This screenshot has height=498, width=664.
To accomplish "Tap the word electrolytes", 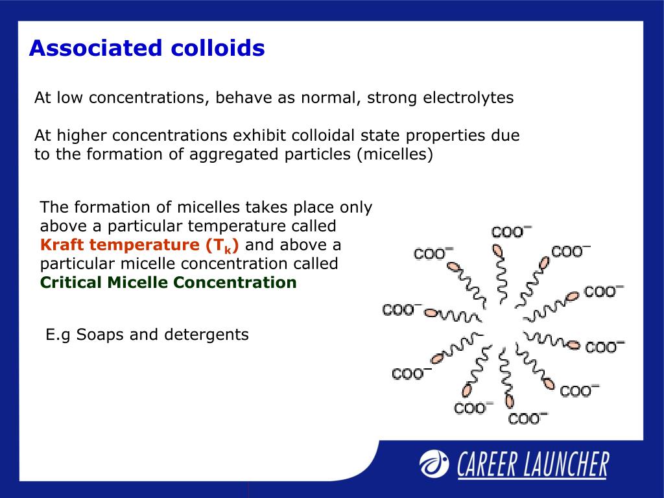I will coord(468,98).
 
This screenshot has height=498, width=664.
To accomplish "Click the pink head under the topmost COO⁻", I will coord(497,251).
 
